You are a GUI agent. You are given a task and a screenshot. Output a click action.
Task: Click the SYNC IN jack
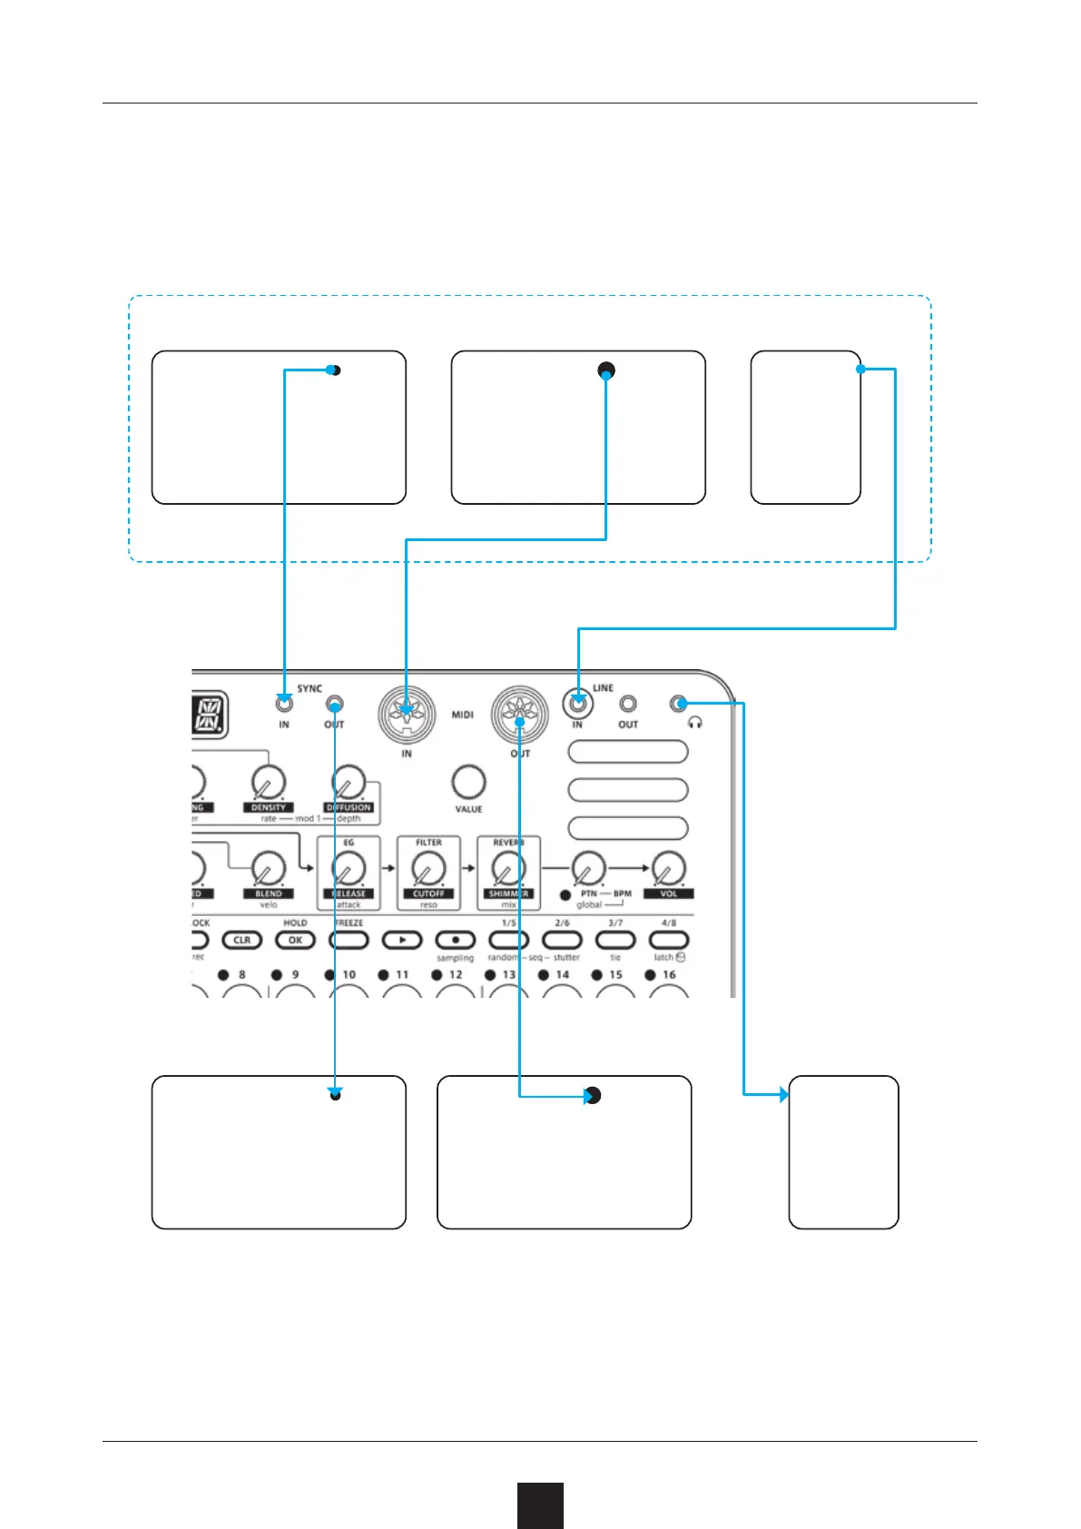tap(284, 703)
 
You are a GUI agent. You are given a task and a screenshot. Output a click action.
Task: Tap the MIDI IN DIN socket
tap(406, 712)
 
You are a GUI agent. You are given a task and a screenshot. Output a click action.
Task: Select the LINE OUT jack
tap(627, 704)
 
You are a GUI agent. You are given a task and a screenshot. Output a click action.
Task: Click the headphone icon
tap(696, 724)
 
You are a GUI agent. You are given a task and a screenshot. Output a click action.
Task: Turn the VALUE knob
tap(467, 782)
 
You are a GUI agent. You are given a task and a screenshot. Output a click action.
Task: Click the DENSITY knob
tap(268, 782)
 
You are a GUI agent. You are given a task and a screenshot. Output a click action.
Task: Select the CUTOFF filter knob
tap(427, 870)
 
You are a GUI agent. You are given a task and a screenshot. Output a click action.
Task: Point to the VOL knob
tap(668, 870)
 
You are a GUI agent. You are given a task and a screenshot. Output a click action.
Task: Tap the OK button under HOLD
tap(295, 940)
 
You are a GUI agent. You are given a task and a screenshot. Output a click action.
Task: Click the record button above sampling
tap(456, 940)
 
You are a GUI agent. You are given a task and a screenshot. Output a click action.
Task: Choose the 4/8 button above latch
tap(669, 940)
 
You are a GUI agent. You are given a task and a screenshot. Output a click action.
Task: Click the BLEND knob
tap(268, 870)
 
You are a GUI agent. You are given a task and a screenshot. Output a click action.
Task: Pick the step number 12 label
tap(456, 974)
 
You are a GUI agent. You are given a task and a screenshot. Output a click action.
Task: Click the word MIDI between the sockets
tap(463, 715)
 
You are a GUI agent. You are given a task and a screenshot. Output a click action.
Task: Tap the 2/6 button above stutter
tap(562, 940)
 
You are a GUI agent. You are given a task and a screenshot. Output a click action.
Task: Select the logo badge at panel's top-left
tap(210, 715)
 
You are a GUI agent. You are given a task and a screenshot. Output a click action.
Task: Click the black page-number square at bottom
tap(540, 1505)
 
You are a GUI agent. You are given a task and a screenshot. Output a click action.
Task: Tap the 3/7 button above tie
tap(615, 940)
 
